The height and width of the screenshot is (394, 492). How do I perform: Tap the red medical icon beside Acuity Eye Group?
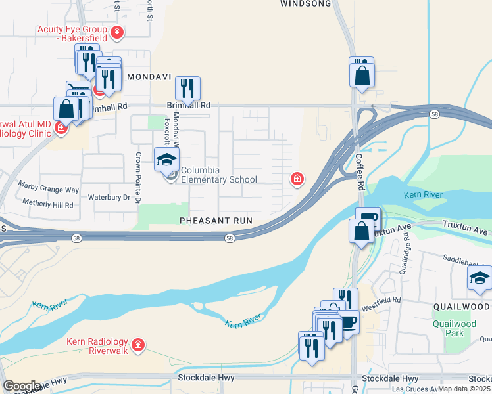click(117, 32)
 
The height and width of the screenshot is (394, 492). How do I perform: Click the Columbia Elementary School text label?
click(219, 175)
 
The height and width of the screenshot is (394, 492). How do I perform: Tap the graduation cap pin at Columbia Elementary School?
click(166, 160)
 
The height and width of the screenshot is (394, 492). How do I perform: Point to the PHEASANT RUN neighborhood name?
click(216, 221)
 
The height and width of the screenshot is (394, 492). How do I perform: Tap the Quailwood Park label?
click(455, 328)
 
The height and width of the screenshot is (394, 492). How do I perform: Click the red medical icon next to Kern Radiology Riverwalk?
click(138, 345)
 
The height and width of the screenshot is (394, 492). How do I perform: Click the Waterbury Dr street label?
click(109, 197)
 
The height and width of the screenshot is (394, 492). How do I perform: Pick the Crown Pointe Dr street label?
click(138, 178)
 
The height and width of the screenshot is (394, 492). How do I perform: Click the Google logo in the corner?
click(22, 386)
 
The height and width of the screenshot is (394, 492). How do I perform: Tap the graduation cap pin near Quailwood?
click(480, 279)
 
